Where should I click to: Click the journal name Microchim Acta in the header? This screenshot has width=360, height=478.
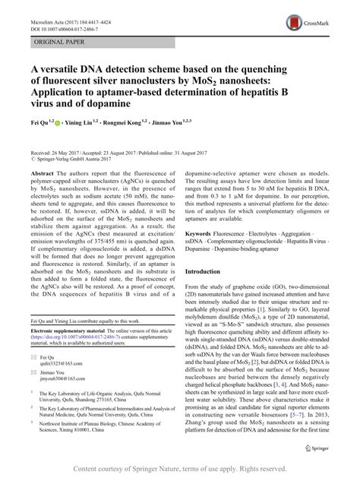44,8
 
